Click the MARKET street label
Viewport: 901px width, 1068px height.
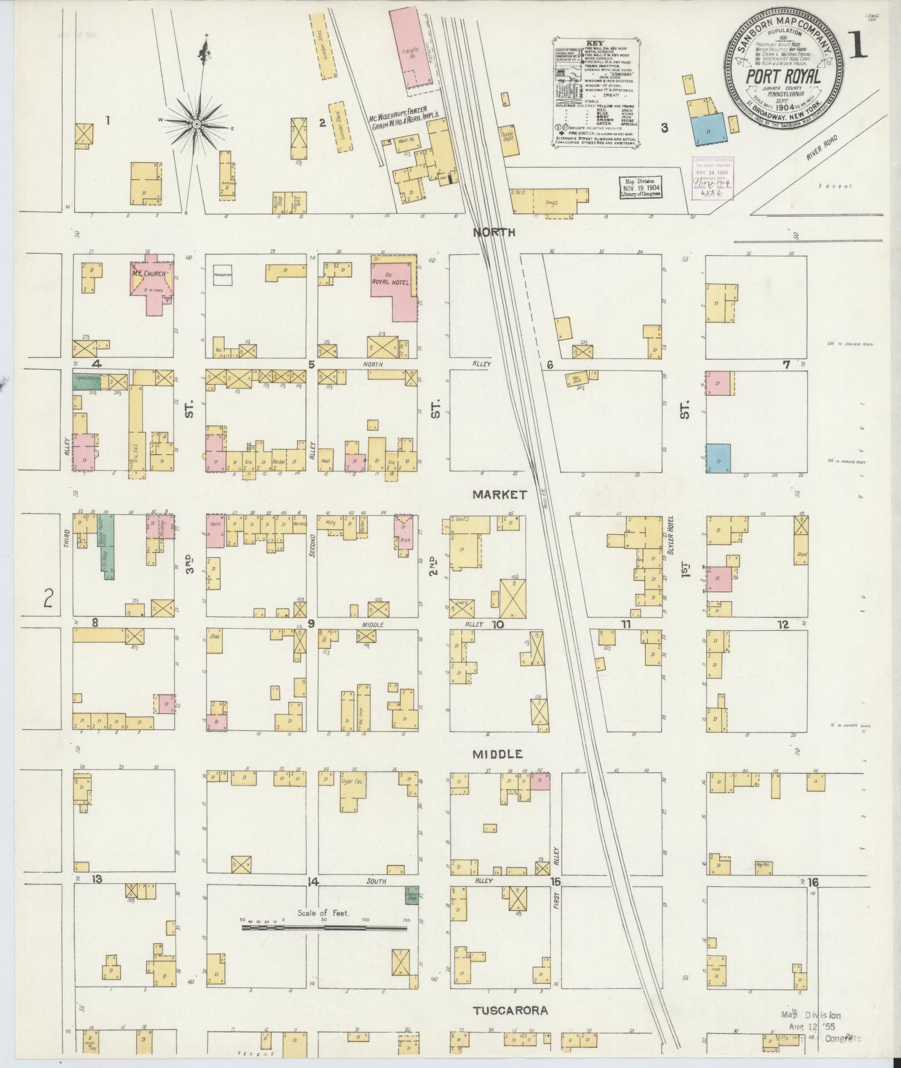pos(499,495)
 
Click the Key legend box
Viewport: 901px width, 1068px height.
pos(597,92)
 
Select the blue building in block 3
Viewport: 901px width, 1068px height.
pos(708,132)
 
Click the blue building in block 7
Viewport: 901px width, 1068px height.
pos(718,458)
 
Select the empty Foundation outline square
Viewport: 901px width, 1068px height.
pos(222,275)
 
